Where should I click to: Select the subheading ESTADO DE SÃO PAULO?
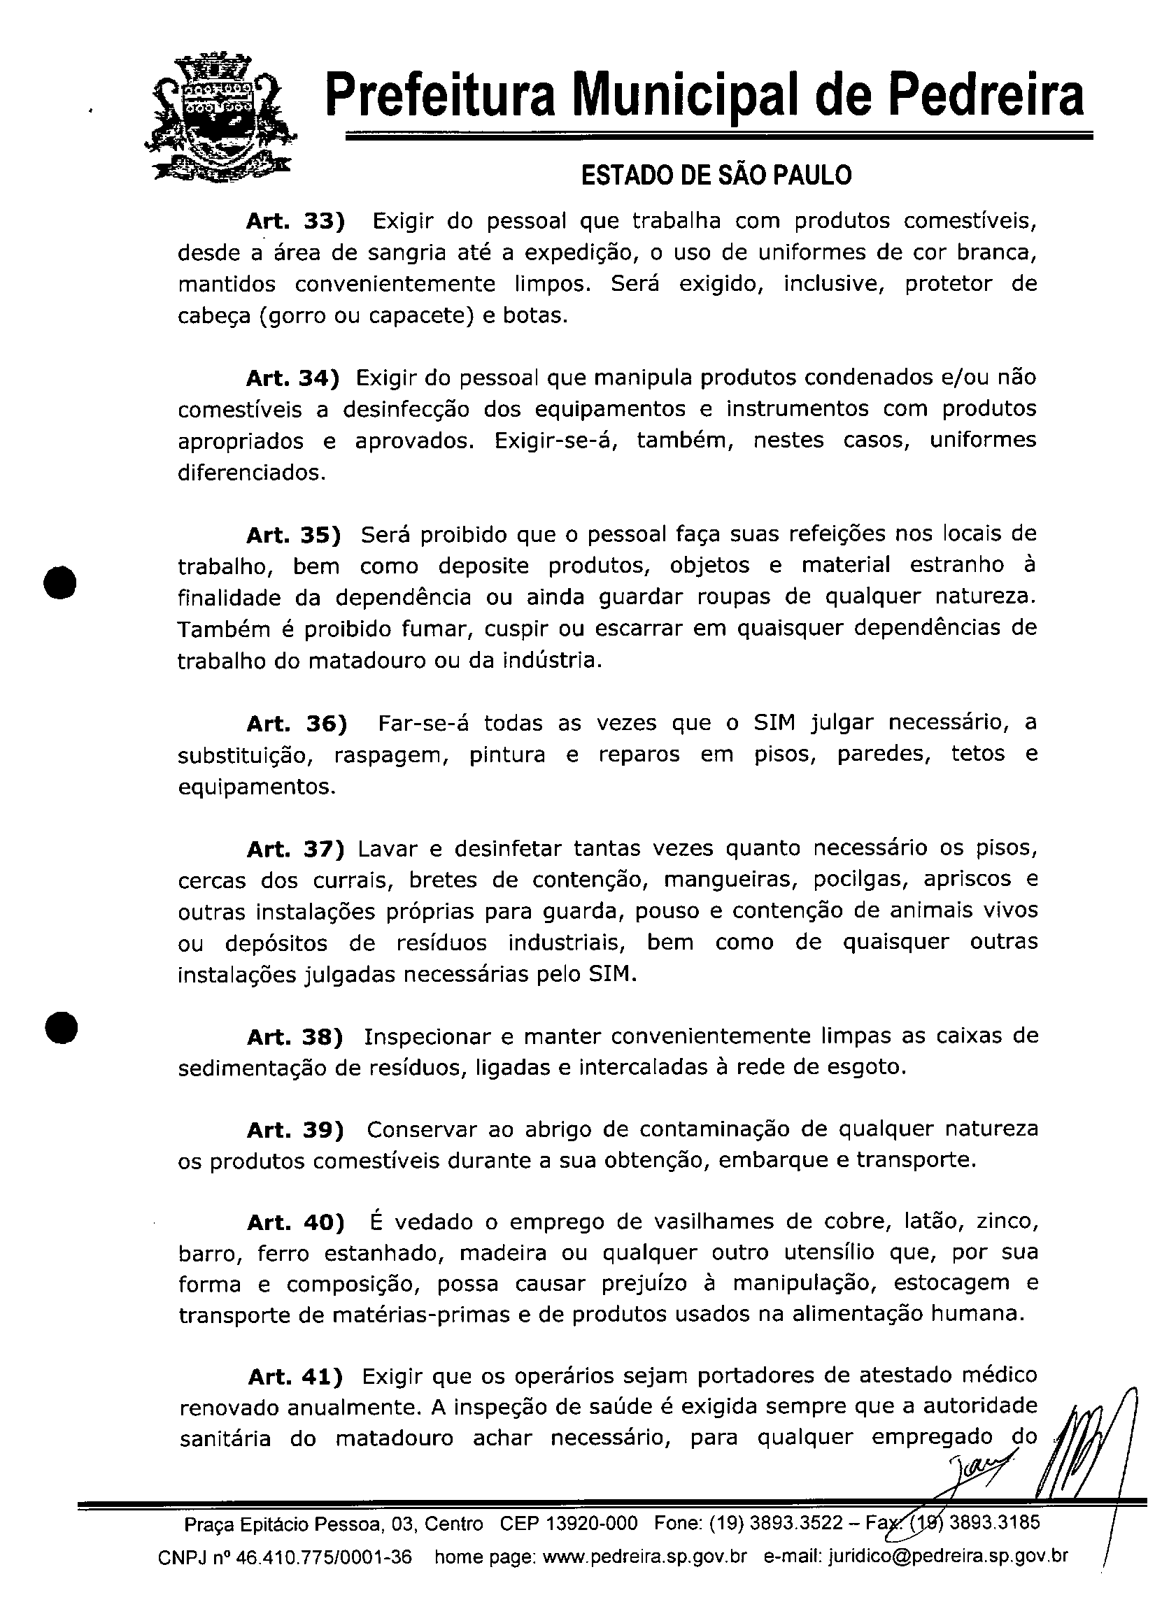[x=716, y=176]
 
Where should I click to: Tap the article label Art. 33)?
[x=295, y=221]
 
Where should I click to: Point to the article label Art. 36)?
[x=296, y=724]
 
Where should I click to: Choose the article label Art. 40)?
[x=295, y=1222]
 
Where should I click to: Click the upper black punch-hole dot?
[x=61, y=580]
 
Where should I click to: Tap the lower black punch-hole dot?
[x=61, y=1029]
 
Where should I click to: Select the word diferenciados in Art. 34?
[x=250, y=473]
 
